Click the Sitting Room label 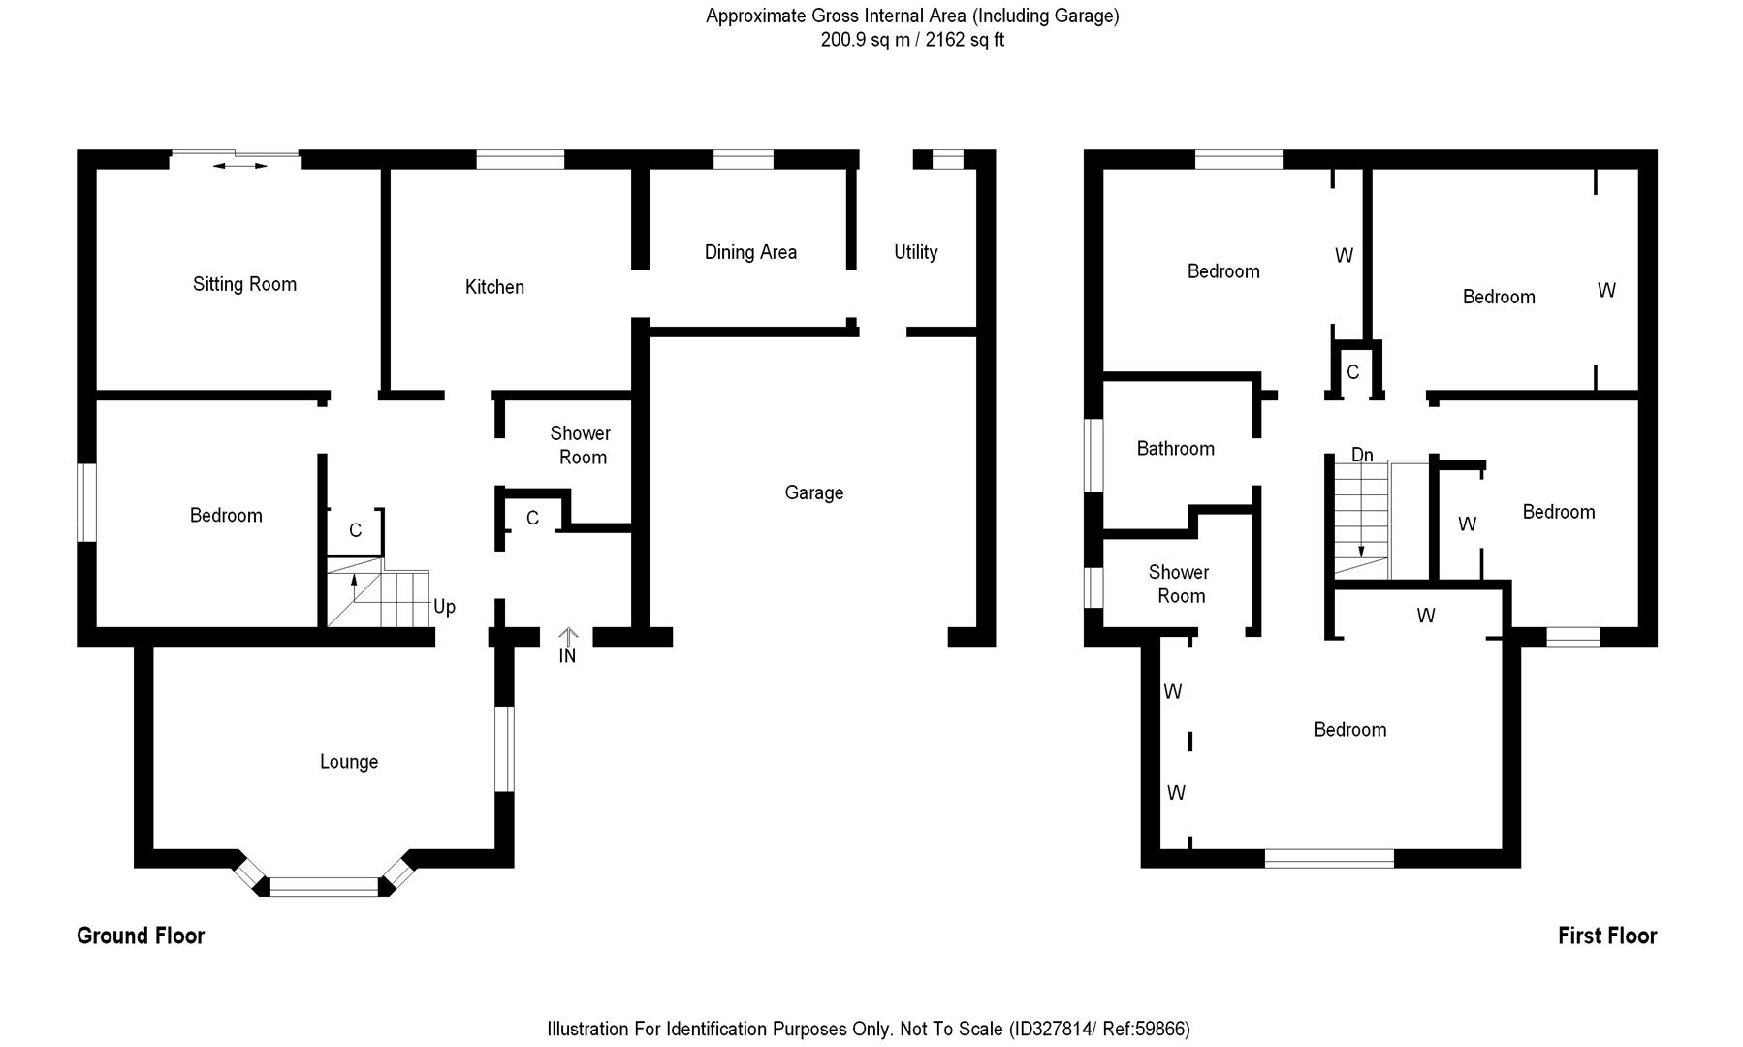click(x=244, y=284)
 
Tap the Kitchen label click(x=494, y=287)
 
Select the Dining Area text click(x=750, y=252)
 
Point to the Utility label click(x=915, y=252)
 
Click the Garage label click(x=813, y=492)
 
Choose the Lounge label click(x=349, y=762)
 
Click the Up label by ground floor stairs click(x=444, y=607)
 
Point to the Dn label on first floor click(x=1362, y=455)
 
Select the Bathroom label click(x=1175, y=448)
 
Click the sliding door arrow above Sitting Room click(x=239, y=166)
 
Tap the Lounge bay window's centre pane click(x=324, y=885)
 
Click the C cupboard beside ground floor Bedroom click(x=355, y=530)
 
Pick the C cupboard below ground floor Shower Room click(x=532, y=519)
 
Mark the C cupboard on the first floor click(x=1352, y=372)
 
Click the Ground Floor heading click(x=141, y=936)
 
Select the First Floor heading click(x=1606, y=936)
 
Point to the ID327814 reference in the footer click(x=1053, y=1029)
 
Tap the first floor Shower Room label click(x=1179, y=584)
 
